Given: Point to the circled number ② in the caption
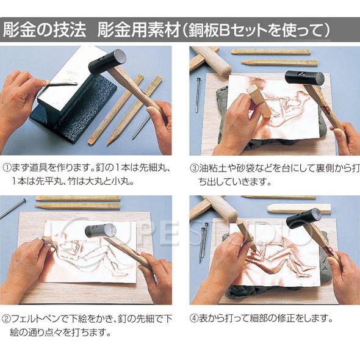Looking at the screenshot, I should coord(6,318).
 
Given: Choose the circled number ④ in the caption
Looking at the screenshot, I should coord(194,318).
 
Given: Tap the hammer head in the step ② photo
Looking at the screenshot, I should coord(100,231).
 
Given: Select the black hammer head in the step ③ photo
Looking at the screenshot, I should coord(304,78).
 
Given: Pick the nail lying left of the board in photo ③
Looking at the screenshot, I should coord(198,95).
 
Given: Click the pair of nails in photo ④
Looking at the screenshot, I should coord(203,241).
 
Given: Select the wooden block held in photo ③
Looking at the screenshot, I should coord(258,99).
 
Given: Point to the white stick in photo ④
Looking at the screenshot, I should coord(298,208).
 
